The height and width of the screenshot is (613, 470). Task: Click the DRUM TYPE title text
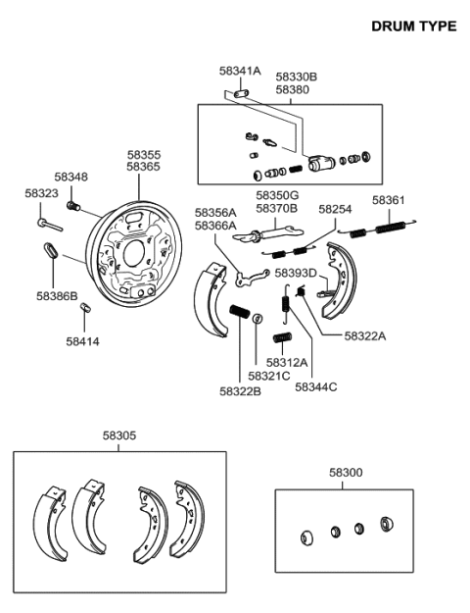pos(413,26)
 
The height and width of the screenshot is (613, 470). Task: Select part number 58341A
pos(240,71)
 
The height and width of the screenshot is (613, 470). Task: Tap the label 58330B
pos(296,76)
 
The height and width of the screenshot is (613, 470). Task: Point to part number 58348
pos(70,177)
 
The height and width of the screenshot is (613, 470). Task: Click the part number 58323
pos(41,193)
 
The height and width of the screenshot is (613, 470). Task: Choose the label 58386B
pos(57,294)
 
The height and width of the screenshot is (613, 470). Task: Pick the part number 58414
pos(82,341)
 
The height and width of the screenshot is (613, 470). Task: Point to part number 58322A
pos(364,335)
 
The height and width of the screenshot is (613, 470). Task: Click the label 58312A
pos(288,362)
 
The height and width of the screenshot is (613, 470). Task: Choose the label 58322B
pos(240,389)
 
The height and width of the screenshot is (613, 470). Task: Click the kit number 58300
pos(344,473)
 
